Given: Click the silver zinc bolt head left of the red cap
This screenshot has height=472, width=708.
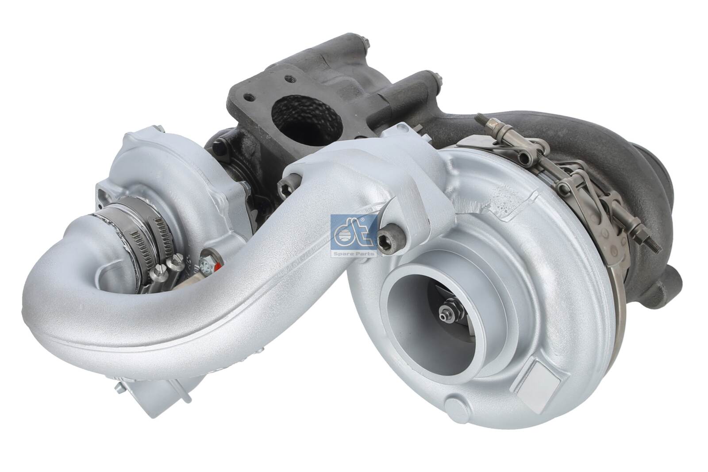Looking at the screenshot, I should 204,265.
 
